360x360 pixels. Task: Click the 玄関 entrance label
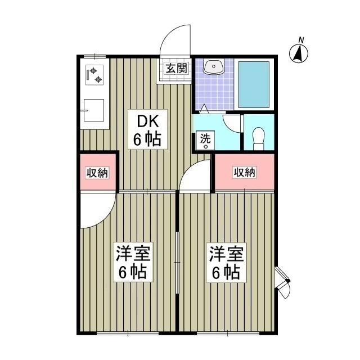click(177, 68)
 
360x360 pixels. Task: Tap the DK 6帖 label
click(147, 130)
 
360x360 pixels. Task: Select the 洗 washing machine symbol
click(205, 141)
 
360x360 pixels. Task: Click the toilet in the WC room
click(259, 138)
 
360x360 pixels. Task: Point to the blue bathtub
click(254, 84)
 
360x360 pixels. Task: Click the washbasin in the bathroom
click(214, 66)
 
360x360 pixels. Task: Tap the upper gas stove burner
click(93, 71)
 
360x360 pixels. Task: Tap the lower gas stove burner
click(98, 79)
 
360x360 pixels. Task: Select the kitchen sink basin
click(94, 110)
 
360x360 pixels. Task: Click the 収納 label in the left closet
click(97, 173)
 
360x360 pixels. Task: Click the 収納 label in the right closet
click(244, 172)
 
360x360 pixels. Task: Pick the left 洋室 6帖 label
click(133, 262)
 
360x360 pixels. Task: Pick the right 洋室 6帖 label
click(227, 262)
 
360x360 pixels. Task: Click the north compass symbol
click(299, 54)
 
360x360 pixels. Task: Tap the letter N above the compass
click(301, 40)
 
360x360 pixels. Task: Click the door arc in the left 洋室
click(105, 218)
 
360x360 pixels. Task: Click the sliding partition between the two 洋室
click(177, 263)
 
